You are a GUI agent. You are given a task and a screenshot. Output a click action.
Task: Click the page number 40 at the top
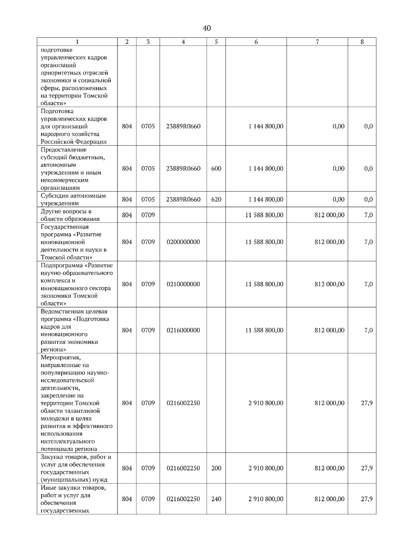(207, 29)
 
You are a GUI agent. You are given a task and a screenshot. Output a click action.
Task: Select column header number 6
(256, 42)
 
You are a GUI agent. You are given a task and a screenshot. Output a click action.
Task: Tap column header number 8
(362, 42)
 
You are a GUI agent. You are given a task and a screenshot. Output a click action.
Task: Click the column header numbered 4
(183, 42)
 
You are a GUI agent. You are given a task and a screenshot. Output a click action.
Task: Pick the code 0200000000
(183, 242)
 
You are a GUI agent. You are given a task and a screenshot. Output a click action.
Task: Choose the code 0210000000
(183, 284)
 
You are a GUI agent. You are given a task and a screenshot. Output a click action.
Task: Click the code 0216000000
(183, 330)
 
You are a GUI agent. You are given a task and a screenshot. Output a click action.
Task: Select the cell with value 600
(216, 169)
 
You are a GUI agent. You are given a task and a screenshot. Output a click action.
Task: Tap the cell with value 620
(216, 199)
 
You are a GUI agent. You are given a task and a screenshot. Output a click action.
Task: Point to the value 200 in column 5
(216, 468)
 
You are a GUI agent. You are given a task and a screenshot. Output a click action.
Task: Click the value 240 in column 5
(216, 499)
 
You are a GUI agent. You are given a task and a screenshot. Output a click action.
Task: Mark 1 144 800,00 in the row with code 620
(266, 199)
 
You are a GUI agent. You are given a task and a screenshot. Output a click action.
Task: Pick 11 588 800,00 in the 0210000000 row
(264, 284)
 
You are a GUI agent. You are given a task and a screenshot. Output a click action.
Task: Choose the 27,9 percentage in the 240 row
(367, 499)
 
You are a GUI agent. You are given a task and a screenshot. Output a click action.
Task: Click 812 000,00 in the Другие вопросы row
(329, 215)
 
